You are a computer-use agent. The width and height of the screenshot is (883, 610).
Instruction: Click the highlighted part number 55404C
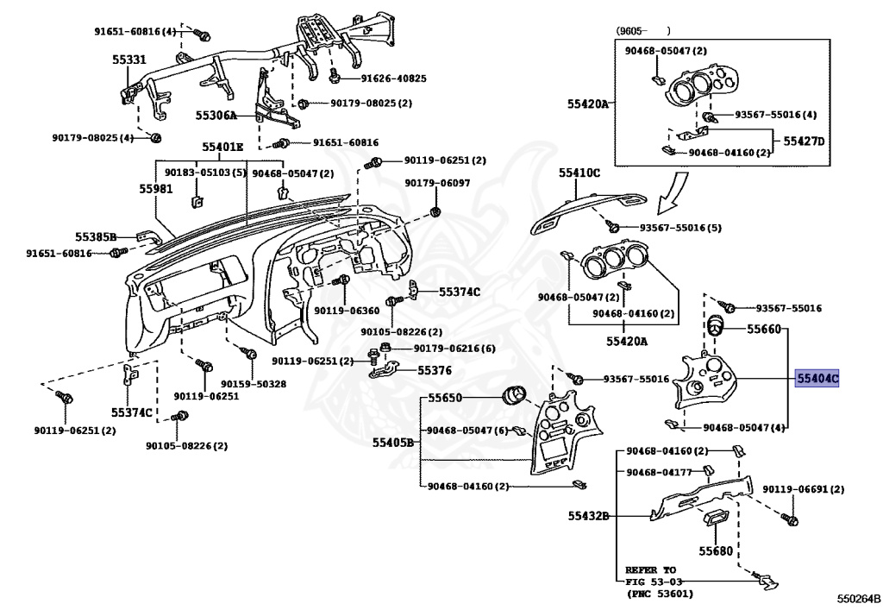817,378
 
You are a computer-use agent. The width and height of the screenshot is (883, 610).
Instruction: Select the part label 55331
129,60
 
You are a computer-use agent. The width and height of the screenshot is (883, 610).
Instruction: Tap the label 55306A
216,115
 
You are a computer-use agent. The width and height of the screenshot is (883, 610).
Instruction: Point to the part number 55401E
223,148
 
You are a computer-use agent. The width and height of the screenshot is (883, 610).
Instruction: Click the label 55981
157,187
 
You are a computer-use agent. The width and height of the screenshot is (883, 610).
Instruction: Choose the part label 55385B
95,236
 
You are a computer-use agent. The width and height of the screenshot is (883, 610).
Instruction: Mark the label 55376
435,370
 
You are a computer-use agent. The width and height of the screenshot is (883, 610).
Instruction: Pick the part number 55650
446,399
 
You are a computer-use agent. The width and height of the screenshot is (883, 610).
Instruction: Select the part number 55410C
579,173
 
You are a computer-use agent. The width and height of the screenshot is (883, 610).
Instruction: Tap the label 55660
764,329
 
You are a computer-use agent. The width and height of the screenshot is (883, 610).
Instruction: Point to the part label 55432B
588,516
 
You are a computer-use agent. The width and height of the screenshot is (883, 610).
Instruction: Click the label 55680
716,550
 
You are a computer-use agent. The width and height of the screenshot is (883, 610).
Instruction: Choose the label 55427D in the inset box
804,141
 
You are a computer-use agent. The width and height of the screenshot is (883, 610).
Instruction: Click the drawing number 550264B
857,598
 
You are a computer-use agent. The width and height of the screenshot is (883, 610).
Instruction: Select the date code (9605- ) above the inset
643,31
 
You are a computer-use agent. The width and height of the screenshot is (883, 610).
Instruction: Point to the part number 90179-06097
438,183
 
